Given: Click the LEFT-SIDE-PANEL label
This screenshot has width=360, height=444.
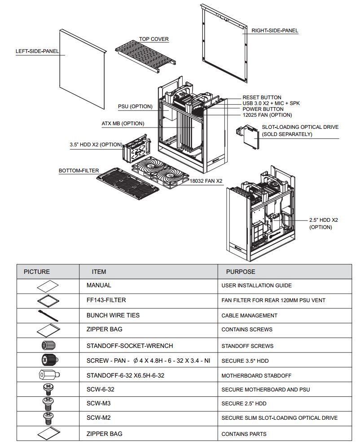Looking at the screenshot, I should click(x=37, y=51).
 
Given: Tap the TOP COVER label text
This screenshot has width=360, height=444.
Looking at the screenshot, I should click(x=154, y=39).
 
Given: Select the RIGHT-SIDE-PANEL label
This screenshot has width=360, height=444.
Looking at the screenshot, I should click(x=275, y=31).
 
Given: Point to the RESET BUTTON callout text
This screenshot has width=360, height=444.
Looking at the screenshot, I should click(x=262, y=97).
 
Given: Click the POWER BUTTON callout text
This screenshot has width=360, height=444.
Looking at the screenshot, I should click(x=263, y=109).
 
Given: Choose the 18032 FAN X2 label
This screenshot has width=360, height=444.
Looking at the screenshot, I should click(x=206, y=181).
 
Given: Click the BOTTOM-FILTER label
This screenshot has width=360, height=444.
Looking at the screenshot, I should click(x=79, y=171).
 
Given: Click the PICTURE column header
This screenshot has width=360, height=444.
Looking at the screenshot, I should click(x=37, y=272).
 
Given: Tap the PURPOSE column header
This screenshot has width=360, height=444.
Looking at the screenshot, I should click(x=240, y=272).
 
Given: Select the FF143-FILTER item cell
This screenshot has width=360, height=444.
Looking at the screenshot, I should click(x=106, y=300).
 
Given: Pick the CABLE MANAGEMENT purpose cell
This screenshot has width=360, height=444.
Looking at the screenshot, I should click(x=249, y=316).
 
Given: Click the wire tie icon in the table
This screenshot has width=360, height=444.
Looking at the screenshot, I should click(x=48, y=316).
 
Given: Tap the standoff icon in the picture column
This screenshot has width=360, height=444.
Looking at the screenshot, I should click(x=47, y=375).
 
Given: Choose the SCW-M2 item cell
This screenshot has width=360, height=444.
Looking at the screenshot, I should click(x=98, y=418).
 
